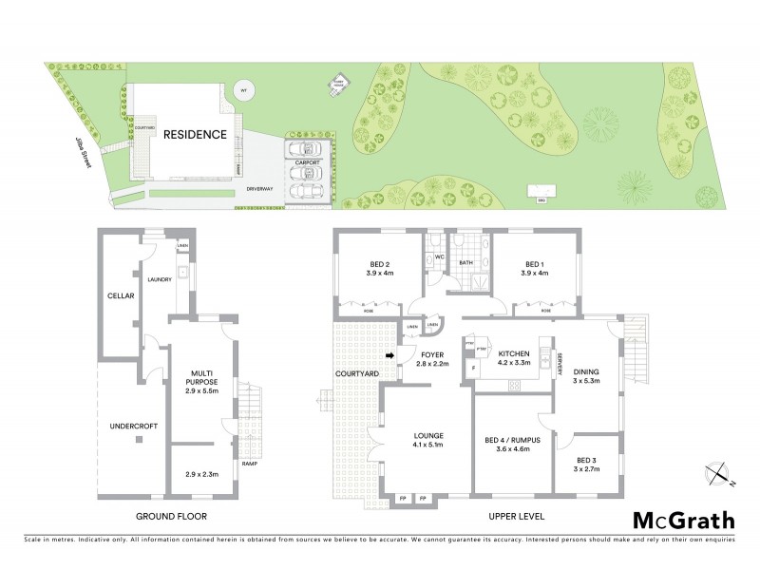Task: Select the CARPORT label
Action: click(x=307, y=162)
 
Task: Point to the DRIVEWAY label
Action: click(x=259, y=189)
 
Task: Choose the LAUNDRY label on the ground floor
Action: click(x=159, y=279)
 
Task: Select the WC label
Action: click(x=439, y=256)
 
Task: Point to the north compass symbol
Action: click(x=718, y=471)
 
